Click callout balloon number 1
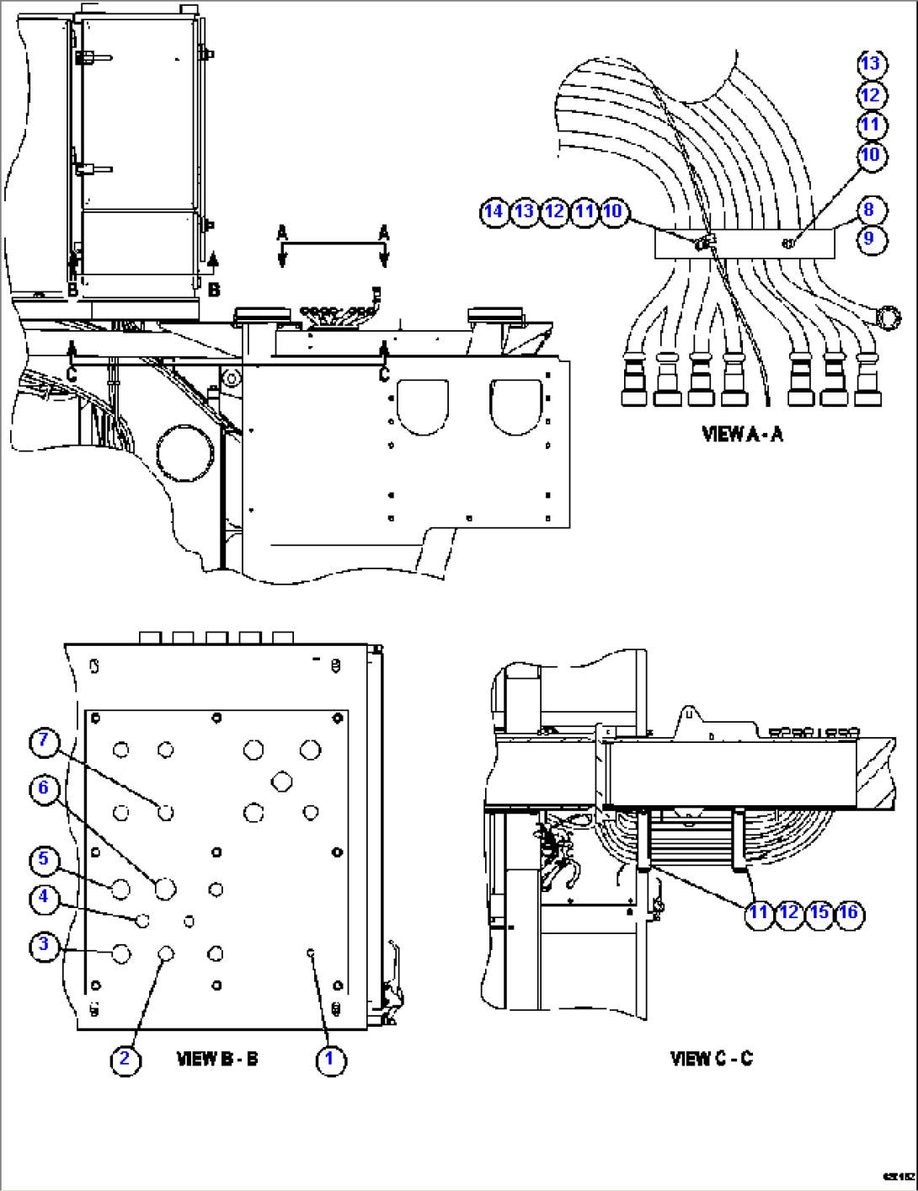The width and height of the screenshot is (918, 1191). (x=330, y=1059)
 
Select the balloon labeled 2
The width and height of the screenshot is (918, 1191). (x=125, y=1059)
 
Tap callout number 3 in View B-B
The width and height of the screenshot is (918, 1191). (x=45, y=944)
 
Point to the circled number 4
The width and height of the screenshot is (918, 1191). (x=45, y=898)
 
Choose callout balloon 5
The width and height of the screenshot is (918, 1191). (x=45, y=860)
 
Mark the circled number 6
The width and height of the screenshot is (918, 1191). (x=45, y=788)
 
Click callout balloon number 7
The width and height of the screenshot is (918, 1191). (x=45, y=741)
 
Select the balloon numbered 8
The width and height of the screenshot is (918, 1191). (x=870, y=210)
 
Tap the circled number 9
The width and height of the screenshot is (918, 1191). (x=870, y=238)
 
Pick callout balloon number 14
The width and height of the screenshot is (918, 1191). (x=494, y=211)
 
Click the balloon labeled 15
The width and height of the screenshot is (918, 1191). (x=819, y=912)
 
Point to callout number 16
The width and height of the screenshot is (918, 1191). (x=849, y=912)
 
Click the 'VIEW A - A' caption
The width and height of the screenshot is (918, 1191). (x=742, y=434)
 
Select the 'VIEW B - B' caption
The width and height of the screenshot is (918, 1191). (x=217, y=1059)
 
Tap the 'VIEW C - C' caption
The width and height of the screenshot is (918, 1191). (x=712, y=1059)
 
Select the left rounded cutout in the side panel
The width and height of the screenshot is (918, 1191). (x=423, y=407)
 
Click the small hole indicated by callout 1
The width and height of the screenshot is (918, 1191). (x=311, y=952)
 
